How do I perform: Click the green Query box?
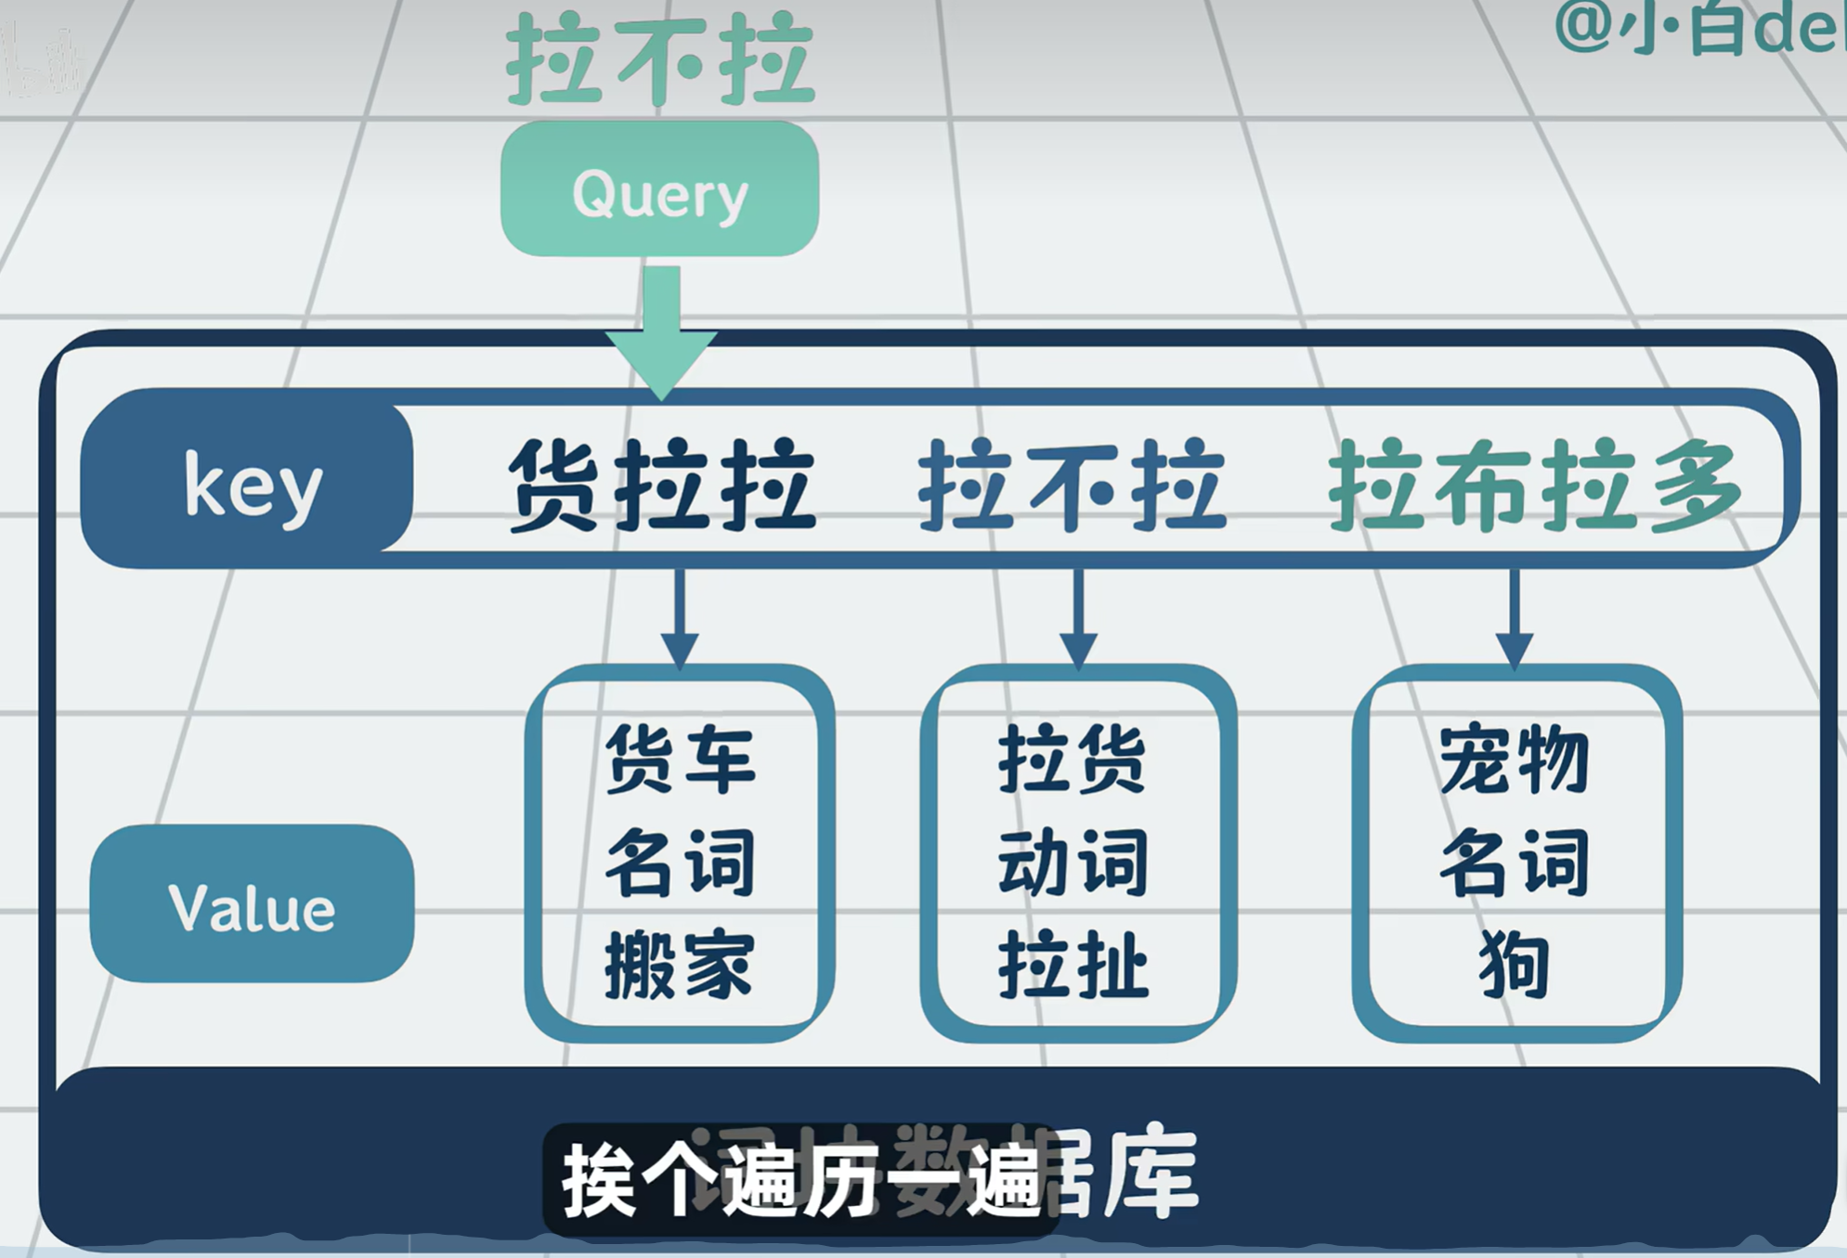click(659, 189)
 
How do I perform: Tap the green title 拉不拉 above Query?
click(659, 59)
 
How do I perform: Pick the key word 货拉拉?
click(661, 485)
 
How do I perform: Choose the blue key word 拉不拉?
click(1073, 485)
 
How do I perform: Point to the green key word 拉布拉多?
click(1534, 485)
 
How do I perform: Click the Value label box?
click(252, 904)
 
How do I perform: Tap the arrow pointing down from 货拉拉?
click(680, 617)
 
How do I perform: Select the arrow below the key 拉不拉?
click(1078, 617)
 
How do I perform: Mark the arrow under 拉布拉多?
click(1515, 617)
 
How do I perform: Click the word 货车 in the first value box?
click(680, 759)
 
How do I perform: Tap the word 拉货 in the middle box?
click(1073, 759)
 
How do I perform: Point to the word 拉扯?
click(1073, 966)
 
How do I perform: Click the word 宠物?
click(1515, 759)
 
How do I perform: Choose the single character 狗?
click(1515, 966)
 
